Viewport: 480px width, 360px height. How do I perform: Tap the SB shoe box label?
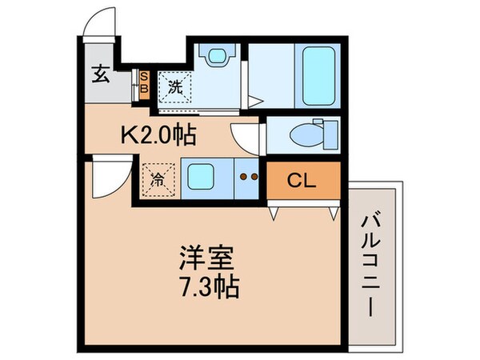(144, 82)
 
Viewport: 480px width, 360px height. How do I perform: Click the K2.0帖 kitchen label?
(159, 136)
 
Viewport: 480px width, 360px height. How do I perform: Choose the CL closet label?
(302, 180)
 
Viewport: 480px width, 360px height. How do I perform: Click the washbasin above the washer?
(216, 58)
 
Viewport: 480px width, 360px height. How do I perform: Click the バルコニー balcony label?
(371, 264)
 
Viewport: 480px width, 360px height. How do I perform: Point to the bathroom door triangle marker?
(255, 102)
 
